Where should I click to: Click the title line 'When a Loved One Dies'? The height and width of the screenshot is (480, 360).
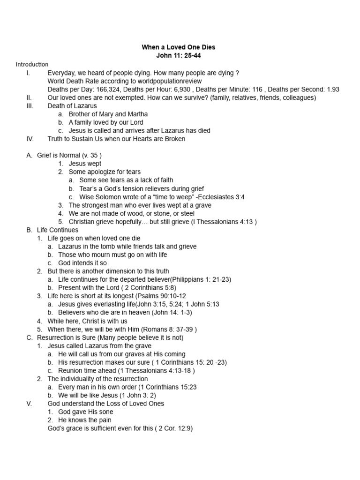pyautogui.click(x=179, y=47)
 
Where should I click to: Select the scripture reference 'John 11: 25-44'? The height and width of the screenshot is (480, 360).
pyautogui.click(x=179, y=56)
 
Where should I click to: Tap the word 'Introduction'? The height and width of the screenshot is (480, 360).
pyautogui.click(x=32, y=64)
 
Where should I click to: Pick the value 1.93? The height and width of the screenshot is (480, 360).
pyautogui.click(x=332, y=90)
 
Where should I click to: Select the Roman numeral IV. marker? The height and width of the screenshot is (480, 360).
pyautogui.click(x=30, y=139)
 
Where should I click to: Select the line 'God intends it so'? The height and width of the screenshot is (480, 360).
pyautogui.click(x=82, y=263)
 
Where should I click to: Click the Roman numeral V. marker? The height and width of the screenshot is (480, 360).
pyautogui.click(x=29, y=404)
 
